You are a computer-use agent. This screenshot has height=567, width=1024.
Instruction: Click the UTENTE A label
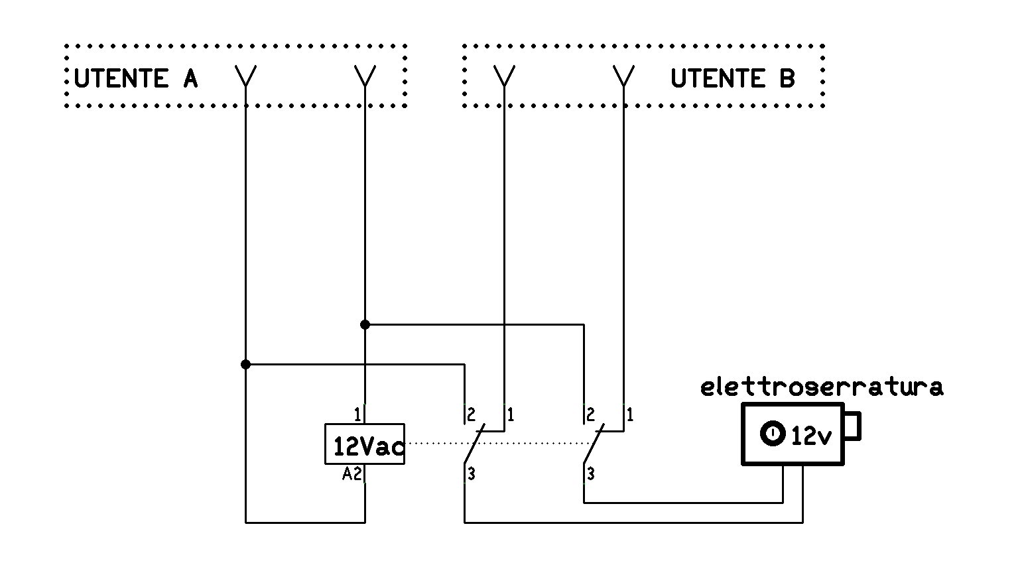[x=136, y=78]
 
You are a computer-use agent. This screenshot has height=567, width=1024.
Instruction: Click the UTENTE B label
[x=733, y=78]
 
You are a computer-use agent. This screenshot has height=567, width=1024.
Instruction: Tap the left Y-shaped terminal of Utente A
[x=245, y=76]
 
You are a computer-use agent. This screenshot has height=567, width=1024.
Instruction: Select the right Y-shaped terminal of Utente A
[x=365, y=76]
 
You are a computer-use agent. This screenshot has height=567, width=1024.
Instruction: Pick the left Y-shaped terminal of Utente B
[x=504, y=76]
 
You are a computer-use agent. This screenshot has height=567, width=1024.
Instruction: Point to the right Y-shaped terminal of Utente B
[x=623, y=76]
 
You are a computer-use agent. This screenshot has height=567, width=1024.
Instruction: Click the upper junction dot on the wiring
[x=365, y=325]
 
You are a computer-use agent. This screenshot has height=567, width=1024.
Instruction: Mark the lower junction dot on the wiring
[x=245, y=365]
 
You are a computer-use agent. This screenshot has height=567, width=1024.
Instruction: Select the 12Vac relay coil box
[x=365, y=444]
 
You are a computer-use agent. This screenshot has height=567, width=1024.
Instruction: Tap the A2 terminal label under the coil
[x=352, y=475]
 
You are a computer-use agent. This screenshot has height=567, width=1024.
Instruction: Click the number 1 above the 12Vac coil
[x=357, y=415]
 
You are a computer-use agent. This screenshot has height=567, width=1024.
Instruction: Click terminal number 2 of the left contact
[x=472, y=415]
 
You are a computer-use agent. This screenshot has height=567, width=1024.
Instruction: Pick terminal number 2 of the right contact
[x=591, y=415]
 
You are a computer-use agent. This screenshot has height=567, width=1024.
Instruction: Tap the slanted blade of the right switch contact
[x=594, y=444]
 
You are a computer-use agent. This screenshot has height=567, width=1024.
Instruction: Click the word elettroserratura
[x=822, y=387]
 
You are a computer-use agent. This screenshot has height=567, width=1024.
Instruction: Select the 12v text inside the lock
[x=811, y=436]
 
